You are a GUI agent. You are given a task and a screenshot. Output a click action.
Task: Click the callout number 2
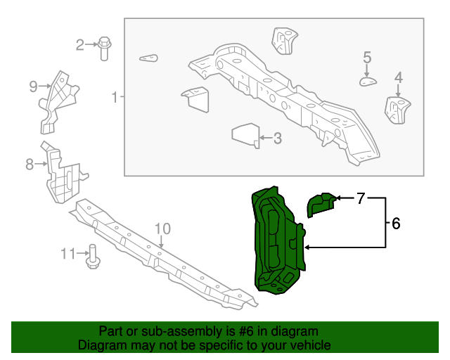point(79,46)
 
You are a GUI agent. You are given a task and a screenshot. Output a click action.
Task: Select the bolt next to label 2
point(104,46)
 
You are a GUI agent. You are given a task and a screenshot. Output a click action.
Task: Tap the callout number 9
point(33,86)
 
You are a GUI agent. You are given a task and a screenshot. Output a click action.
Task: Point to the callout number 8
point(30,165)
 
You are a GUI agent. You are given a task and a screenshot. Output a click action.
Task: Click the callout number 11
point(67,253)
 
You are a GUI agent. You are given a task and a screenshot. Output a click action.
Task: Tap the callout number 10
point(162,229)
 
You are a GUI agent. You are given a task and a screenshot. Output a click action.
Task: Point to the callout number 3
point(277,139)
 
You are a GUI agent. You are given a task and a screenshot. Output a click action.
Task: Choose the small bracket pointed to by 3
point(245,134)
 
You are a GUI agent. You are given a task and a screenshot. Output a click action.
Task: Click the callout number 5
point(367,57)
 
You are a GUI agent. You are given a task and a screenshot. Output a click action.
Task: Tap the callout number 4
point(399,77)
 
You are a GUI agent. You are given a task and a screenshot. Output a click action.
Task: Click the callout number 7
point(361,199)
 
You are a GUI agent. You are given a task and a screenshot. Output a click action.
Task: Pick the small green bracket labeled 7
point(321,203)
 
